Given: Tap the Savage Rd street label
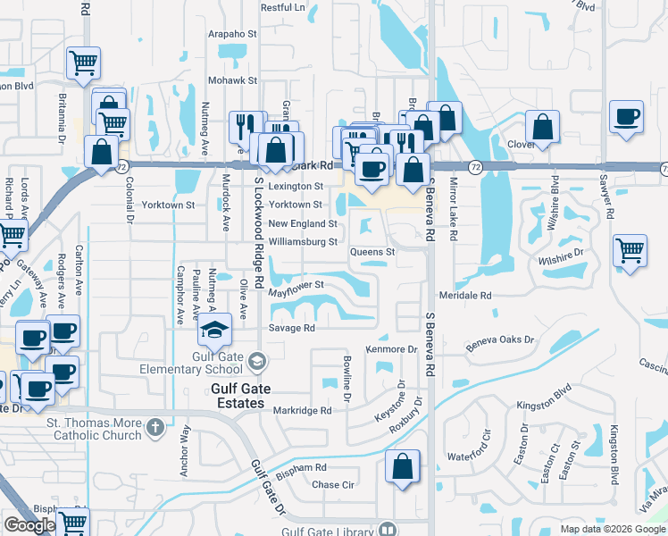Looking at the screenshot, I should [x=292, y=328].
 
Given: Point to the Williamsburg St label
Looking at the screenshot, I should [x=303, y=241].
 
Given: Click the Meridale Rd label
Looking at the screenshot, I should [x=465, y=295].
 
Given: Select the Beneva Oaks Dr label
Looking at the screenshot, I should [x=500, y=339].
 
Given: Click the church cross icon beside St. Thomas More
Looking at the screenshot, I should [x=156, y=425].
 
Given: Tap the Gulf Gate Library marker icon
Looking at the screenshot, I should [x=387, y=529].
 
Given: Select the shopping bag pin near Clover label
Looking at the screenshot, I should [x=542, y=128].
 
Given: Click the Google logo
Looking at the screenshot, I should [x=29, y=525].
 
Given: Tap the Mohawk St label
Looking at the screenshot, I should [x=233, y=80].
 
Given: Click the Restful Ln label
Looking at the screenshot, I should [x=282, y=7].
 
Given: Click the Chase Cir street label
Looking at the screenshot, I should [x=333, y=485].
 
